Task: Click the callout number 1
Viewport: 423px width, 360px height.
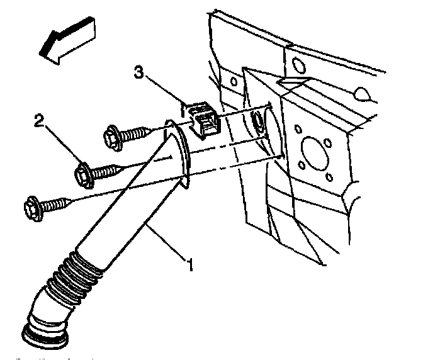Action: click(x=188, y=257)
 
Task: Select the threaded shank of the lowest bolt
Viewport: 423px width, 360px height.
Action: click(x=57, y=203)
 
